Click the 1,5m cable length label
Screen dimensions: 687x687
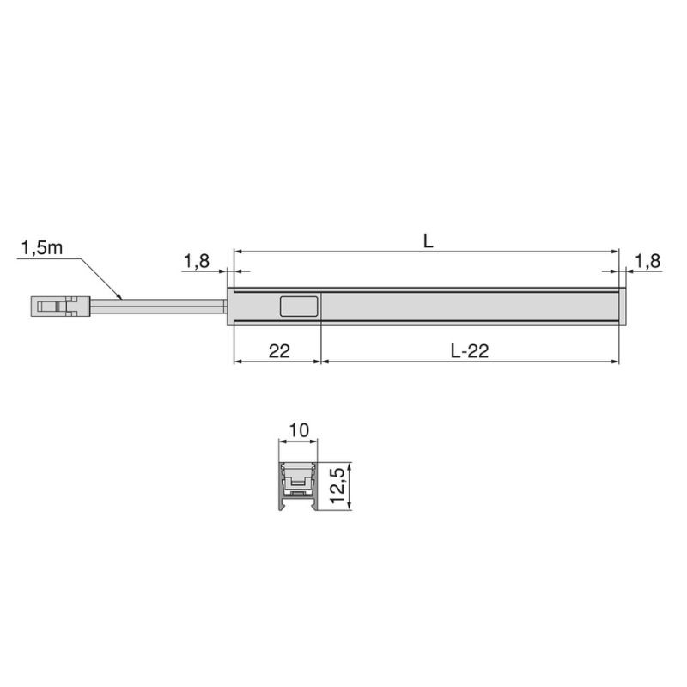click(x=40, y=249)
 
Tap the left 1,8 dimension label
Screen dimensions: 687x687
click(x=197, y=262)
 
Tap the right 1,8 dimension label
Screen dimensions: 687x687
click(x=647, y=262)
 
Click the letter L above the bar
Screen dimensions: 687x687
click(x=428, y=241)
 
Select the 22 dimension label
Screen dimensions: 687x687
click(x=277, y=350)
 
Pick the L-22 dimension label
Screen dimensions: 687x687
click(x=469, y=350)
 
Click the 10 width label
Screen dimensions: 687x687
click(x=298, y=429)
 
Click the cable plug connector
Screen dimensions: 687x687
click(x=61, y=306)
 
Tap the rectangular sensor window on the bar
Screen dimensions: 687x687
click(x=298, y=307)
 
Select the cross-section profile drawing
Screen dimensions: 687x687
click(x=298, y=485)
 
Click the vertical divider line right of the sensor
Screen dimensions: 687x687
click(x=321, y=307)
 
